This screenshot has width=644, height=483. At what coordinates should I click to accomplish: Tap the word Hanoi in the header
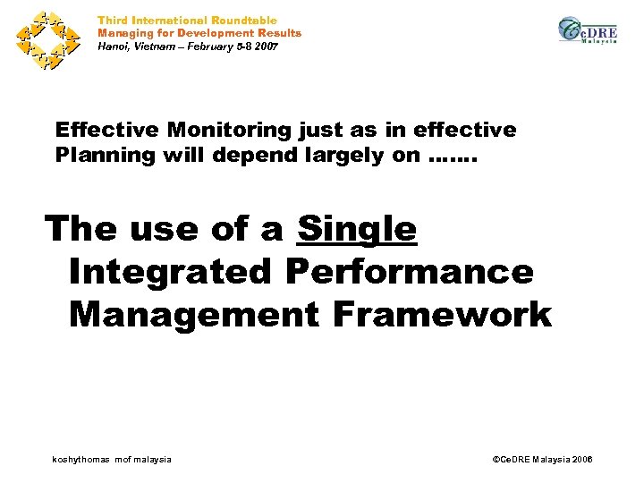coord(114,46)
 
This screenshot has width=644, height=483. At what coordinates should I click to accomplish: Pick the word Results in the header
coord(276,33)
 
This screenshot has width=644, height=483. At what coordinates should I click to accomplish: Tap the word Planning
coord(103,155)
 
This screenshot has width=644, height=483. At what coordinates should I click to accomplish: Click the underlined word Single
coord(357,230)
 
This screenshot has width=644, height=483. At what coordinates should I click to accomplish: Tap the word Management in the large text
coord(193,314)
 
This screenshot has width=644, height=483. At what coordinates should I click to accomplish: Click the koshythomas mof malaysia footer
coord(112,459)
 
